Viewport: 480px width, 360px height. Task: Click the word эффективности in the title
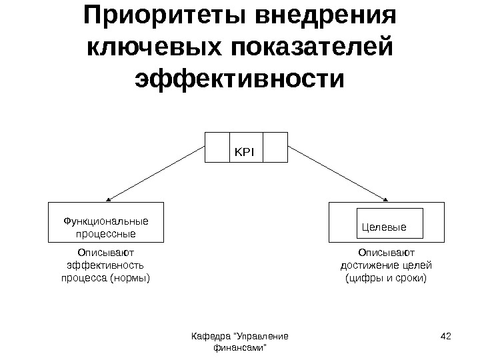(240, 80)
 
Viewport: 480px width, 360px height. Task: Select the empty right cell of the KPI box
(275, 147)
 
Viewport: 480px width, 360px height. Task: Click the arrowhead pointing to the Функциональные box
(109, 199)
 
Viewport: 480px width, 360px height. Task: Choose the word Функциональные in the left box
(105, 220)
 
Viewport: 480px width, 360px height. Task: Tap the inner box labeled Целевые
(383, 226)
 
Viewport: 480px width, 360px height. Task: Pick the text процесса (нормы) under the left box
(106, 277)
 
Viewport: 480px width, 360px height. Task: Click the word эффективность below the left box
(106, 265)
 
